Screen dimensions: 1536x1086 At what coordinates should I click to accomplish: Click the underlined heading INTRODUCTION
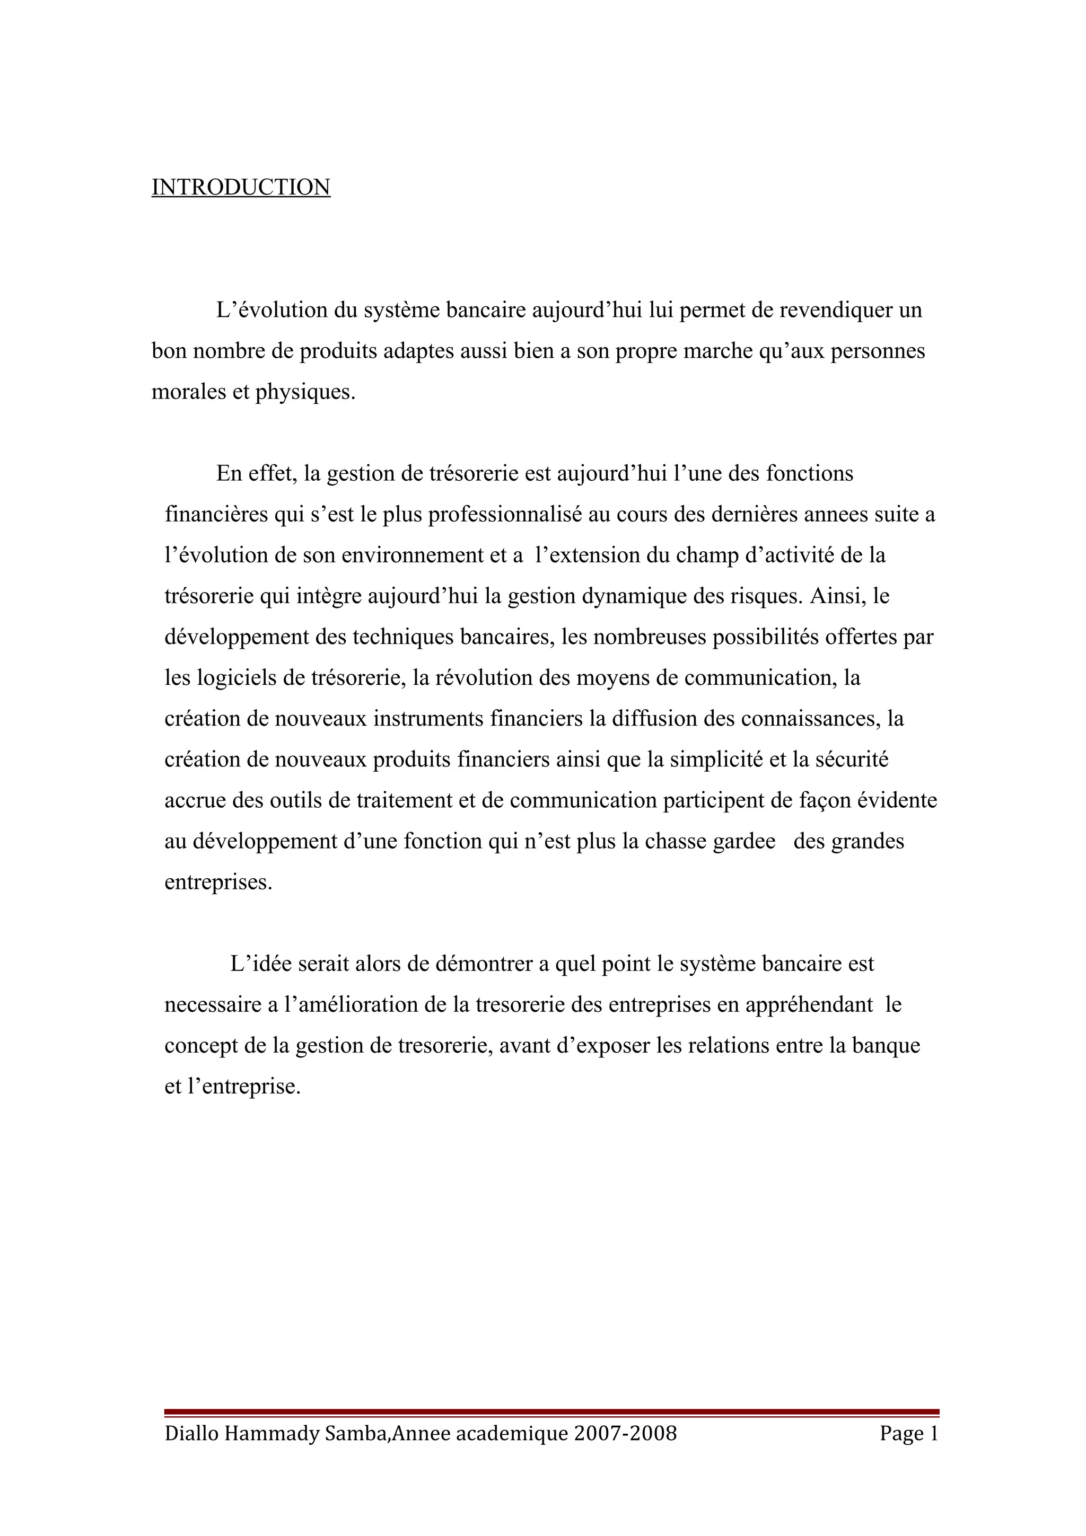click(241, 187)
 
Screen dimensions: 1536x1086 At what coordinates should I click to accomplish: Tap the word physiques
click(304, 392)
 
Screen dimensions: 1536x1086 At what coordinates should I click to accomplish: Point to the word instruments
click(428, 719)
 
